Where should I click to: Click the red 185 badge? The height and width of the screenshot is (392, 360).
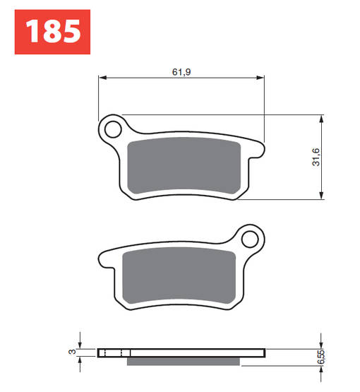point(52,32)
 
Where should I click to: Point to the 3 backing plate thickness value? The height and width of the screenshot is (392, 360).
point(71,352)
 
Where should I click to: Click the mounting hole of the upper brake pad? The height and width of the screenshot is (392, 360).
point(111,129)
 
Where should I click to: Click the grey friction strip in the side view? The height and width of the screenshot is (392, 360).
point(186,362)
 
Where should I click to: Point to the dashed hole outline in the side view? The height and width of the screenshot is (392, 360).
point(114,352)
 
